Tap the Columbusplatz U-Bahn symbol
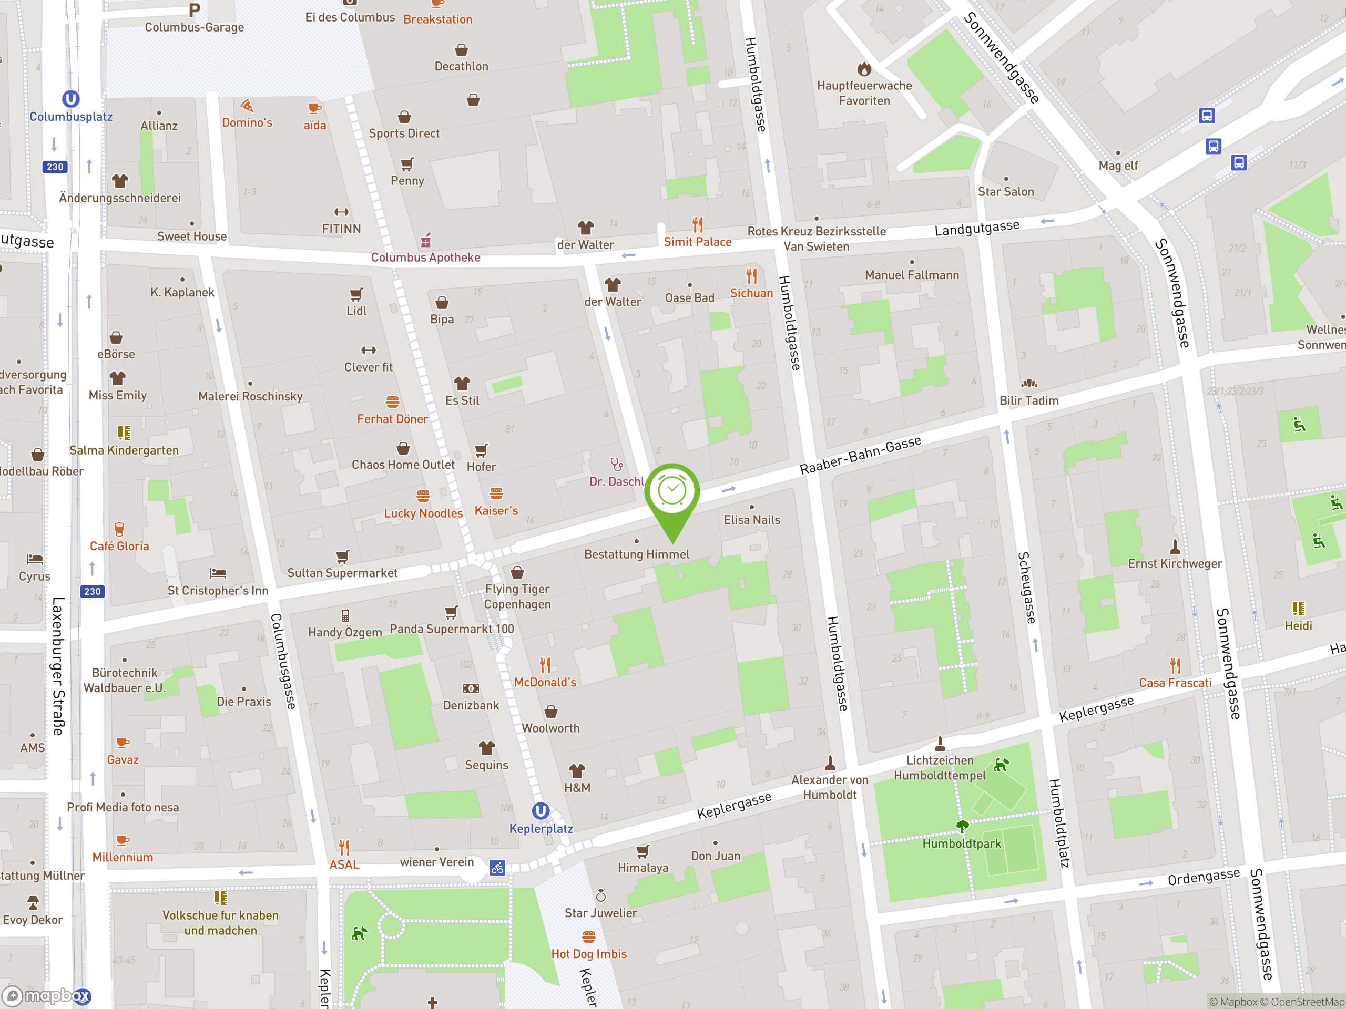tap(70, 98)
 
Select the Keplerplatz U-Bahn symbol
tap(541, 811)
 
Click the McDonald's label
tap(545, 683)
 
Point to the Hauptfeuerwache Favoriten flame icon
tap(864, 69)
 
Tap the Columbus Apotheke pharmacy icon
tap(426, 240)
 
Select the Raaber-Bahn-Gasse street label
tap(860, 455)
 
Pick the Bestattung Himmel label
tap(637, 554)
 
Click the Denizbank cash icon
tap(471, 688)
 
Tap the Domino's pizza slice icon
tap(247, 106)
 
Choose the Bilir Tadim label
tap(1029, 400)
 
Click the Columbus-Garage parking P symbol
tap(194, 11)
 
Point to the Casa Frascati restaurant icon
tap(1175, 665)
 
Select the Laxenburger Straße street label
tap(58, 666)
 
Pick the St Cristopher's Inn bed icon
tap(218, 573)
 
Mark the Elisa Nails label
tap(751, 520)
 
